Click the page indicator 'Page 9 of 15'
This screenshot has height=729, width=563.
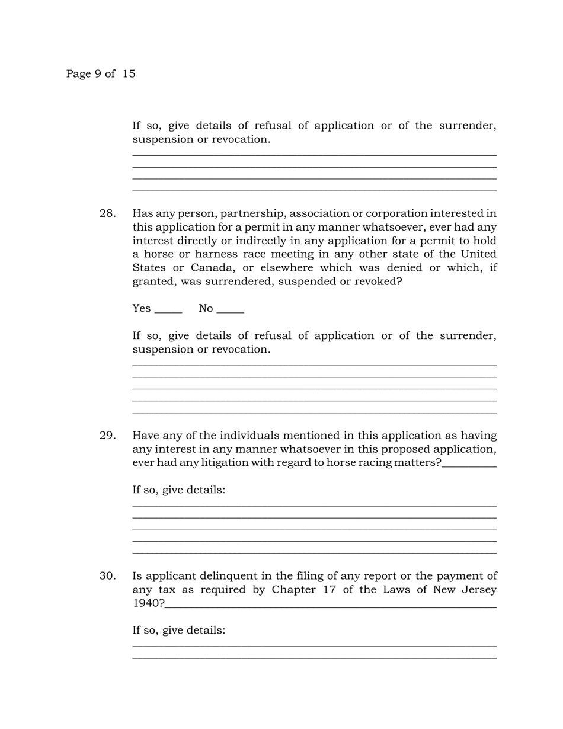click(101, 74)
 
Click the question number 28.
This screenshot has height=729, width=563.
click(107, 213)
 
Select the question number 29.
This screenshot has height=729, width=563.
click(107, 436)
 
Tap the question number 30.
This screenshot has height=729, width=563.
click(107, 576)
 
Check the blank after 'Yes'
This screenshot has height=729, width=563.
click(168, 309)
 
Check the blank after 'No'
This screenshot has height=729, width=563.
click(231, 309)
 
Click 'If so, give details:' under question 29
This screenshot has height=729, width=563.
click(178, 490)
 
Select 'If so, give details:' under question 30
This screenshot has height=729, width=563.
click(178, 630)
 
